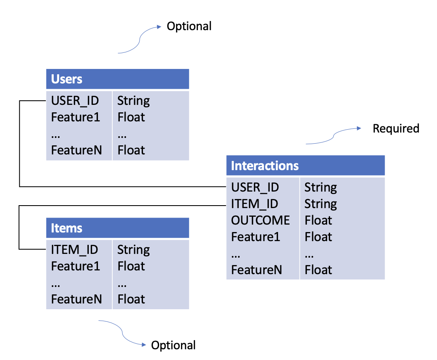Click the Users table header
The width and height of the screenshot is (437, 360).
[117, 79]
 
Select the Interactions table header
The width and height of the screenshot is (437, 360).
[305, 166]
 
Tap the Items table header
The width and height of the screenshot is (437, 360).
[117, 228]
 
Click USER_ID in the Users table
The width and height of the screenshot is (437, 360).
[75, 100]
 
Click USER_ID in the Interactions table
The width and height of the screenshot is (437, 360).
[255, 187]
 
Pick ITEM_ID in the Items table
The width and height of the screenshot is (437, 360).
[74, 249]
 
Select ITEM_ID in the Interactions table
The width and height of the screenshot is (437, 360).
[254, 204]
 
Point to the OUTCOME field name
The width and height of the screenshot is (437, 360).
[260, 220]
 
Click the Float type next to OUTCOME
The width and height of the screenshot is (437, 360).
[318, 220]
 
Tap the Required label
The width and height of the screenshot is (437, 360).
[396, 128]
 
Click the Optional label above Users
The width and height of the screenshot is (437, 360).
[189, 26]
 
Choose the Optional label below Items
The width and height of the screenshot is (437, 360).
[173, 345]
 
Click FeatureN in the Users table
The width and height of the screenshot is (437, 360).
[76, 150]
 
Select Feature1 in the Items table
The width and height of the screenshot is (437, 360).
[76, 266]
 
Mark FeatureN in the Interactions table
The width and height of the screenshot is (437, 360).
[256, 270]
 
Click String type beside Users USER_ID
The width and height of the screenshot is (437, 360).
[133, 100]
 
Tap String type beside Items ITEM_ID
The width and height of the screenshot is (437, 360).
[133, 249]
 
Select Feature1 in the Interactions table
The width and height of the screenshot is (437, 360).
[256, 237]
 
